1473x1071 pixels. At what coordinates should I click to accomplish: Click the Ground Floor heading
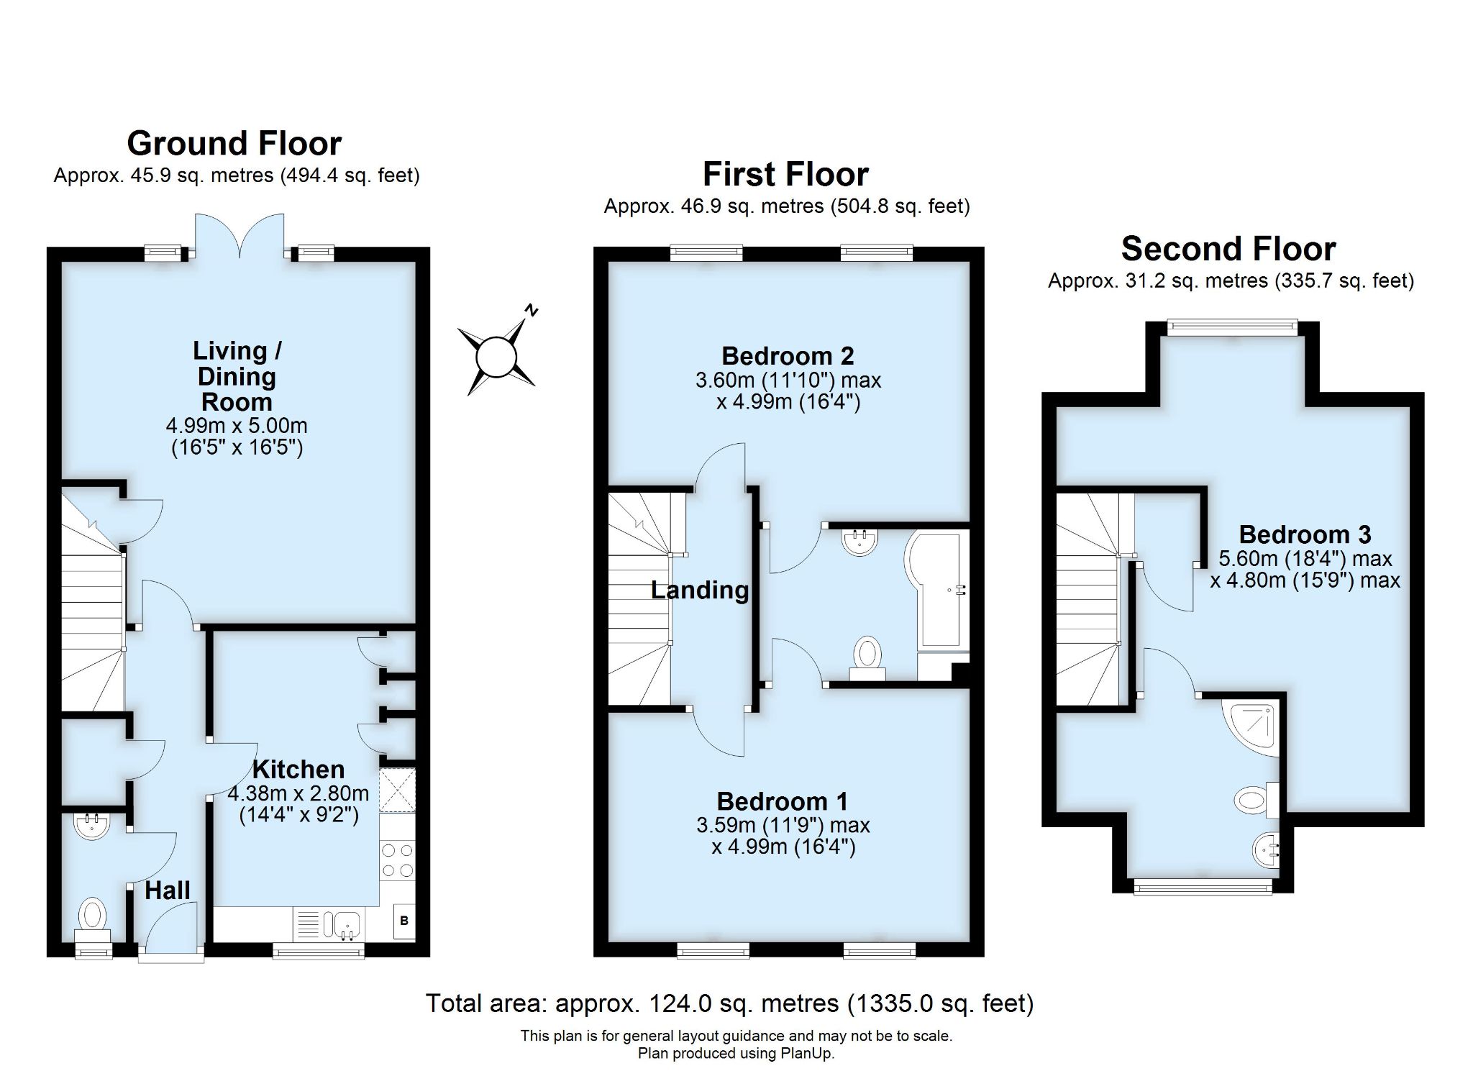click(234, 143)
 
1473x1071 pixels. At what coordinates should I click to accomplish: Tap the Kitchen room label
click(298, 769)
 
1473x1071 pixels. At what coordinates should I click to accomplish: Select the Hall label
click(168, 890)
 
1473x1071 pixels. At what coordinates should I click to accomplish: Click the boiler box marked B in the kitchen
click(404, 921)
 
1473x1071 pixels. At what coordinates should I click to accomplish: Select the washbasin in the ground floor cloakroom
click(92, 826)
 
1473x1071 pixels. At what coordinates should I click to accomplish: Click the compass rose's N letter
click(532, 310)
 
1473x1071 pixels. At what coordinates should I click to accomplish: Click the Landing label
click(700, 590)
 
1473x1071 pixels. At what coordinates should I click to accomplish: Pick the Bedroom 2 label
click(788, 355)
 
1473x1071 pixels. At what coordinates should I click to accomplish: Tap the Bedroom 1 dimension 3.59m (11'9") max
click(783, 825)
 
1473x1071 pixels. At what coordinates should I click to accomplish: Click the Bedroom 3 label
click(1305, 534)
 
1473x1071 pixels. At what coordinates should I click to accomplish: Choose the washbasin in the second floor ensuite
click(1267, 850)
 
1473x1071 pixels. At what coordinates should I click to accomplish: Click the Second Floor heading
click(1228, 249)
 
